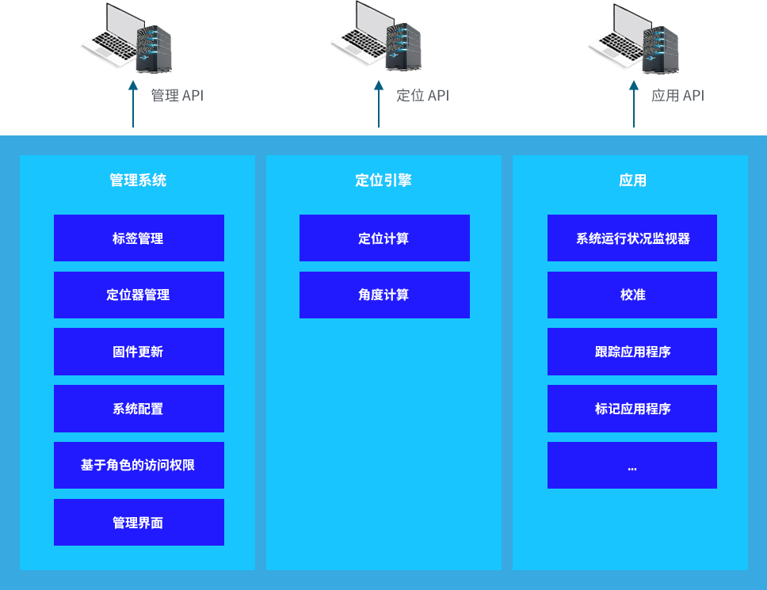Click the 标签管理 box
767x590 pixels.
coord(139,238)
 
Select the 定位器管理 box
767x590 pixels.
coord(139,295)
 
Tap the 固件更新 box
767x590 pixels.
coord(139,352)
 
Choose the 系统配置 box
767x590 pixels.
coord(139,409)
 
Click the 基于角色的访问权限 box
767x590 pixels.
coord(139,465)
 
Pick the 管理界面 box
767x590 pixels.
coord(139,522)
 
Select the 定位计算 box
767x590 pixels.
coord(384,238)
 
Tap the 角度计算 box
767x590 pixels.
coord(384,295)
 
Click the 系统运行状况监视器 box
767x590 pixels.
coord(632,238)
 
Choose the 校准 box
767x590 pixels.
coord(632,295)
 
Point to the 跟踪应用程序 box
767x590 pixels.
coord(632,352)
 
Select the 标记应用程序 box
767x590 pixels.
coord(632,409)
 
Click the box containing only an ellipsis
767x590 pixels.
coord(632,465)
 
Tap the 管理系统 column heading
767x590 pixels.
coord(138,181)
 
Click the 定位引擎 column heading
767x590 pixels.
coord(383,181)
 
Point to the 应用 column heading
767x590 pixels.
coord(632,181)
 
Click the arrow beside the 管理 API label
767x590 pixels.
coord(133,103)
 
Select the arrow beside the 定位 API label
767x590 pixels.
coord(379,103)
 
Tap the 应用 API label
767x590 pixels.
coord(677,96)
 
